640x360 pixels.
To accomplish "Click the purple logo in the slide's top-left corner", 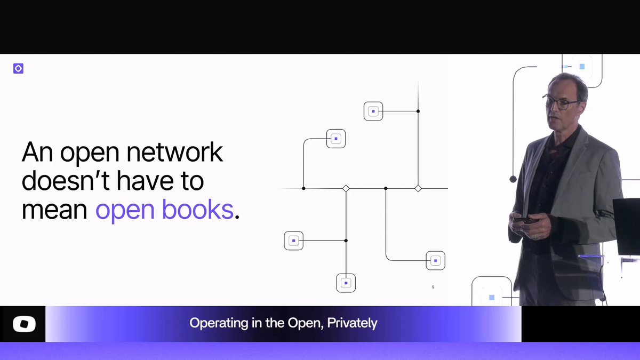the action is pos(18,69).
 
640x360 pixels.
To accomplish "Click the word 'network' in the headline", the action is pos(174,152).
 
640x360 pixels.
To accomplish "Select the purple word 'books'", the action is pos(198,209).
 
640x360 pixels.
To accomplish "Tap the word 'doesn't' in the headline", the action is pos(66,181).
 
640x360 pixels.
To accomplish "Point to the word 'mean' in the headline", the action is pos(54,211).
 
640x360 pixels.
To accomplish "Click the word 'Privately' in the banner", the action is pos(352,323).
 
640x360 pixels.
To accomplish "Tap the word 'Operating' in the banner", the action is pos(219,323).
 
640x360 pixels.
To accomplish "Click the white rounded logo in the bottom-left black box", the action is pos(25,324).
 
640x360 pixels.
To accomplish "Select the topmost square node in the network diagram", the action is pos(373,111).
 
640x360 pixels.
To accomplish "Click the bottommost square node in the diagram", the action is pos(346,283).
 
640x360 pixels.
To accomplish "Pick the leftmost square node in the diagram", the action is pos(294,241).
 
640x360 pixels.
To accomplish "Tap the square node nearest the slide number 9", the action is pos(435,261).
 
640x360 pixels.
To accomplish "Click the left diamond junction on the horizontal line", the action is pos(346,188).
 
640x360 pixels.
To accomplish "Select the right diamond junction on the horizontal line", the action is pos(418,188).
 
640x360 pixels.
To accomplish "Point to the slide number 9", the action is pos(433,287).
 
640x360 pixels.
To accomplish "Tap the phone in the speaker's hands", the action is pos(525,220).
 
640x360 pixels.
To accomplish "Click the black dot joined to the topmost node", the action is pos(418,111).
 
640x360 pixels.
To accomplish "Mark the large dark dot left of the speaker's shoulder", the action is pos(513,179).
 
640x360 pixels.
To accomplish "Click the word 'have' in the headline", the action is pos(145,181).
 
